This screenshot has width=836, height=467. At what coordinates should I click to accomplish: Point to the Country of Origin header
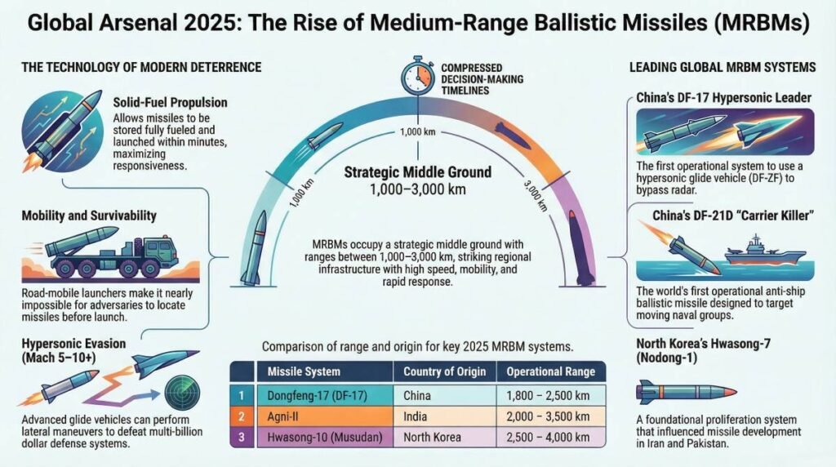pos(445,371)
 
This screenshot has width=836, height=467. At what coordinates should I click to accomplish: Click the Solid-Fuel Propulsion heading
pos(170,104)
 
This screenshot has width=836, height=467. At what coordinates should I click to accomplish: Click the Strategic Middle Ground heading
pos(417,172)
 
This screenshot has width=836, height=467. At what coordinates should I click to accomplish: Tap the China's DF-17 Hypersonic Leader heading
pos(723,98)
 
